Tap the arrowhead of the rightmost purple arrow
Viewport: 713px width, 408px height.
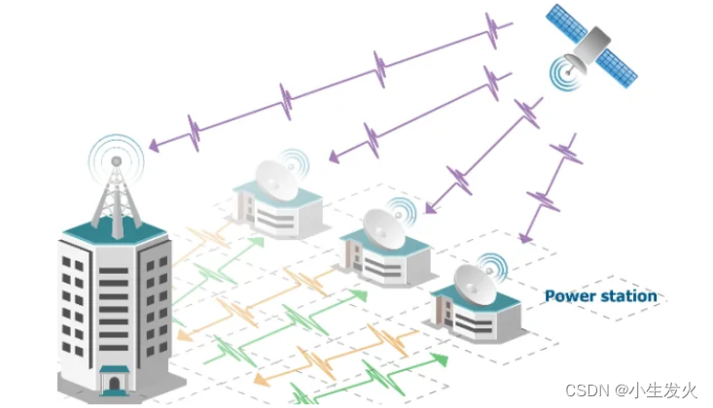[525, 236]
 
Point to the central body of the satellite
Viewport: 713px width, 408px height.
[592, 43]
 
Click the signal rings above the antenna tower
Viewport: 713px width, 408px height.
[116, 156]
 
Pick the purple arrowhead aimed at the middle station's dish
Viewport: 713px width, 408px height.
[430, 208]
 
